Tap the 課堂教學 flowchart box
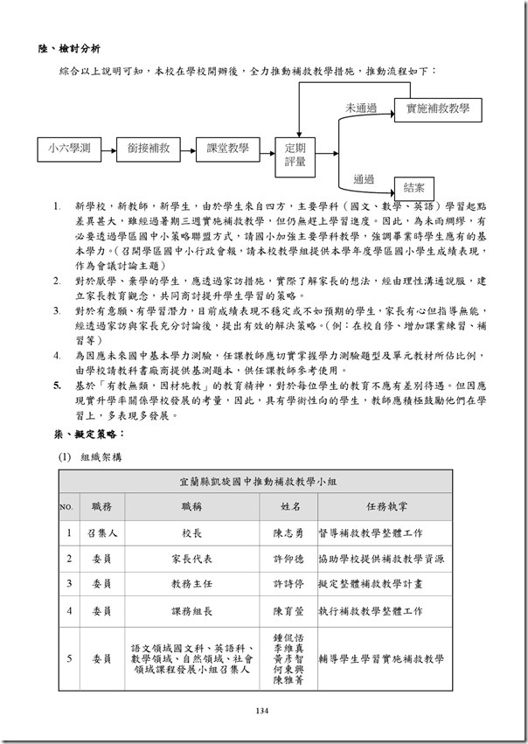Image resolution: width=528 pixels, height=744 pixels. [227, 149]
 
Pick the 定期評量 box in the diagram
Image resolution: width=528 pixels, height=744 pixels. [295, 155]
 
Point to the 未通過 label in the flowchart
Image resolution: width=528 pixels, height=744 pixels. [360, 108]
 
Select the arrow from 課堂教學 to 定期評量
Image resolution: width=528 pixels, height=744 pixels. [267, 149]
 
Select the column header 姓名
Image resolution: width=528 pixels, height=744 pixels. [291, 506]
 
